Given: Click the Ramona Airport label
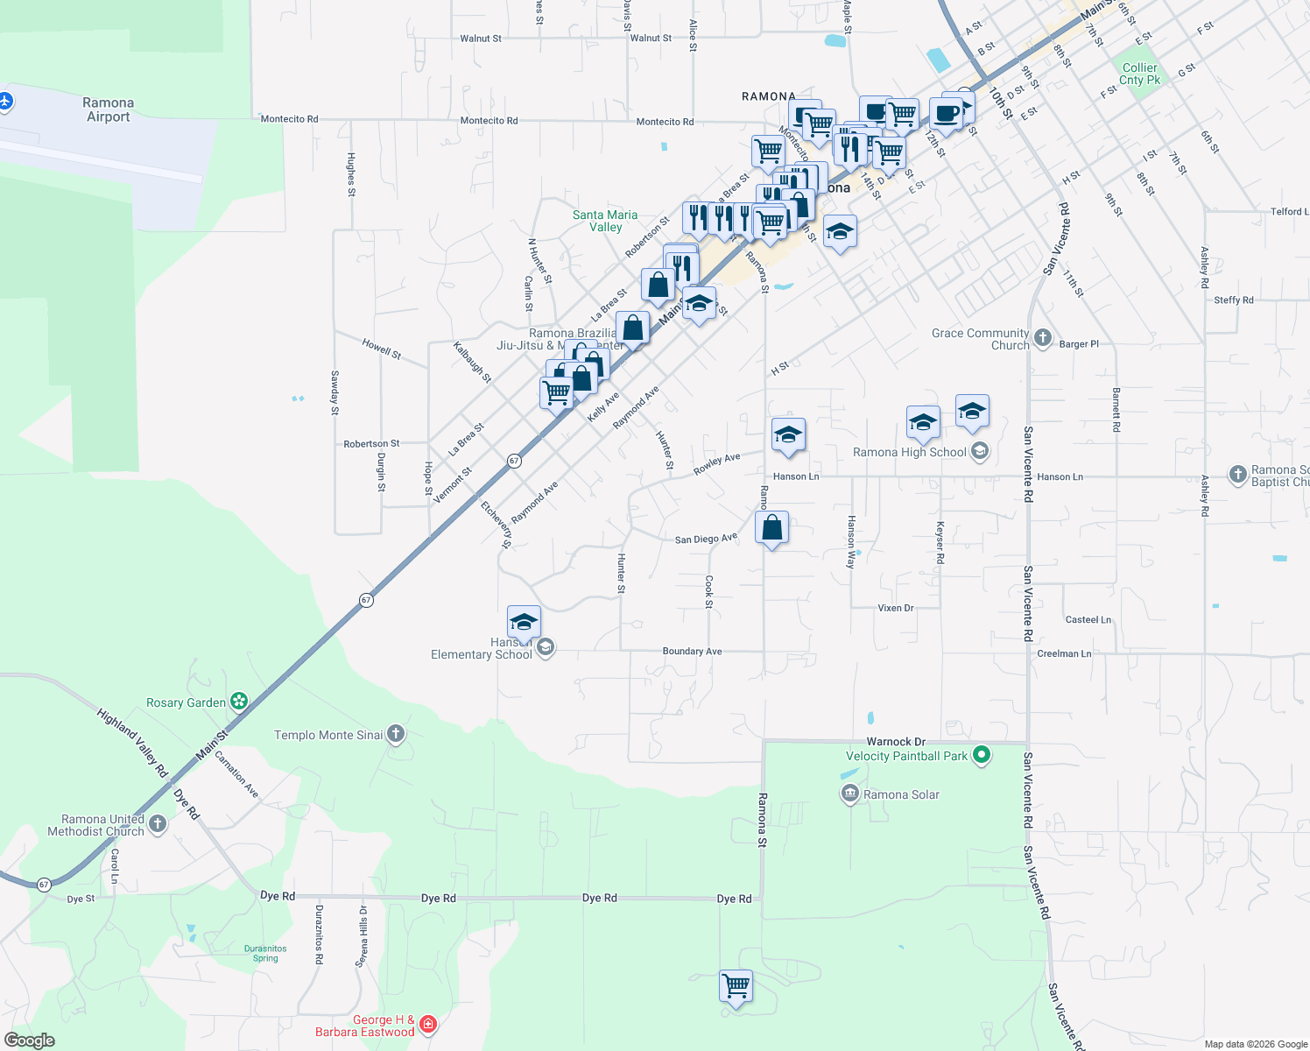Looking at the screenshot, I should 108,109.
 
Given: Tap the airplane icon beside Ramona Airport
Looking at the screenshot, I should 5,102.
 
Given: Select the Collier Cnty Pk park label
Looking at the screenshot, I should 1139,74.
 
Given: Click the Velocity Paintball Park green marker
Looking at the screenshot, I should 982,755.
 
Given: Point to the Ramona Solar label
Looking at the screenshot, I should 901,794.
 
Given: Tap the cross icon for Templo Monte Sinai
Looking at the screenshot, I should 396,734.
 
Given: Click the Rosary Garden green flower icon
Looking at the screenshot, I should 239,702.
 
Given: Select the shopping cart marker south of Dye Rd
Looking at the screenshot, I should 736,986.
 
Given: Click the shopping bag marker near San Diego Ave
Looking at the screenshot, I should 771,528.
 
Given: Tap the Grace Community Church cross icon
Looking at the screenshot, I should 1042,338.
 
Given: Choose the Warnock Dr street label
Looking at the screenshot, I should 896,742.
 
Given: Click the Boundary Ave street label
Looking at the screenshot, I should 692,651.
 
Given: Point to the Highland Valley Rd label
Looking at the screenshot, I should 132,744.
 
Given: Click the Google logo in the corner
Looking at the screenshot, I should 30,1040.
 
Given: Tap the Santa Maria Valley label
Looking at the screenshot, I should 605,221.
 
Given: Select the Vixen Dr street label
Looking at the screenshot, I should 895,608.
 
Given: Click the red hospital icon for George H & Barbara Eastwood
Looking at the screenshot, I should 428,1023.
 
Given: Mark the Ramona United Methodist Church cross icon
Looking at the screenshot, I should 158,823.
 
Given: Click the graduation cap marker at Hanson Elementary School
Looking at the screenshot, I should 524,623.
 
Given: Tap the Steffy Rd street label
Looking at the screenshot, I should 1233,300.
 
